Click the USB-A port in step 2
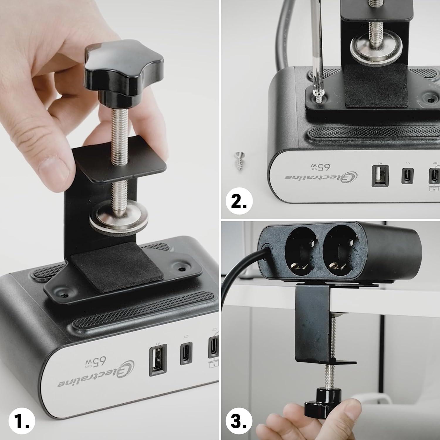380,176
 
